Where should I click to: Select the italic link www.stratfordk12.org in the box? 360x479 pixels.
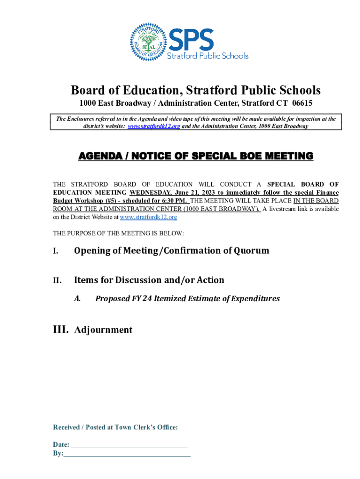[x=154, y=126]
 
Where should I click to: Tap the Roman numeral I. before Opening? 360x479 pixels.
[x=56, y=251]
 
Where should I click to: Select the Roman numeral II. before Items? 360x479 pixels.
[x=57, y=281]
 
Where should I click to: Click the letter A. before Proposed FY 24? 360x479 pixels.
[x=78, y=298]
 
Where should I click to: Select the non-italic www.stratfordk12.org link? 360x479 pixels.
[x=149, y=217]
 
